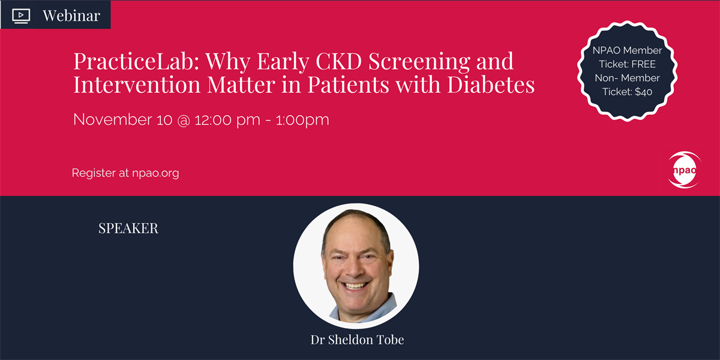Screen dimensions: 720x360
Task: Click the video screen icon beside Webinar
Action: (21, 16)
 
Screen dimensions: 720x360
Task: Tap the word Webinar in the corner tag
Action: (71, 16)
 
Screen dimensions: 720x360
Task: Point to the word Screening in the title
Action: (419, 62)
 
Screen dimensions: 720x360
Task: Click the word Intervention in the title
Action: (137, 84)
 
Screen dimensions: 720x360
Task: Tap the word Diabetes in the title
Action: (491, 84)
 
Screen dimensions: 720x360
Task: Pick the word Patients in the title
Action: (348, 84)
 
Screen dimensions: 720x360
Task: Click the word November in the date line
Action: (113, 119)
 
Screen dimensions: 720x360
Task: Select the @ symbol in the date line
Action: (184, 120)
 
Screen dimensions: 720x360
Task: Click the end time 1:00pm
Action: (302, 120)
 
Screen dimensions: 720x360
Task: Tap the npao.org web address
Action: (155, 173)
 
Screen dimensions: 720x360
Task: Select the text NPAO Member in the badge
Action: (627, 50)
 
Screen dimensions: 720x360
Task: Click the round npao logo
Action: (685, 170)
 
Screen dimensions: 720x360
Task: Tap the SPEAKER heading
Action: (128, 228)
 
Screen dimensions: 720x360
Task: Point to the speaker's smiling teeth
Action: (355, 286)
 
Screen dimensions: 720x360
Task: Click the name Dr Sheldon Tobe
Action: (357, 340)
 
